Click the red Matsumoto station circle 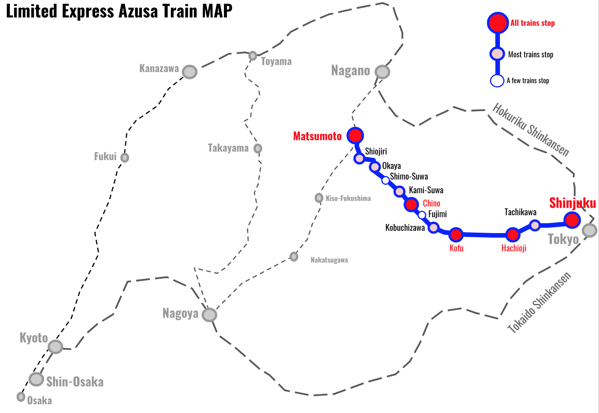click(x=355, y=135)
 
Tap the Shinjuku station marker click(x=572, y=219)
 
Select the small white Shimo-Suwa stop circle click(x=385, y=180)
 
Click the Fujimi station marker click(x=422, y=215)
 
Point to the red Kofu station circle click(x=456, y=235)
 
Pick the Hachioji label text click(x=514, y=248)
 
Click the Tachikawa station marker click(x=535, y=225)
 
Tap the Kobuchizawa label click(x=405, y=228)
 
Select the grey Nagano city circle click(x=382, y=72)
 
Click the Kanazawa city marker click(x=189, y=72)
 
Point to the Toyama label click(x=276, y=61)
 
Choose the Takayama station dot click(x=258, y=148)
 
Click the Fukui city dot click(x=125, y=157)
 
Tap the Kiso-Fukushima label click(x=348, y=199)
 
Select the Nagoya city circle click(x=209, y=315)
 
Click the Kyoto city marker click(x=55, y=347)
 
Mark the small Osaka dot click(x=21, y=397)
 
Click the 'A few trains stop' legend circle click(x=497, y=81)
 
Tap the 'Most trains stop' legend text click(x=530, y=55)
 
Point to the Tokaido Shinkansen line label click(x=539, y=303)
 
